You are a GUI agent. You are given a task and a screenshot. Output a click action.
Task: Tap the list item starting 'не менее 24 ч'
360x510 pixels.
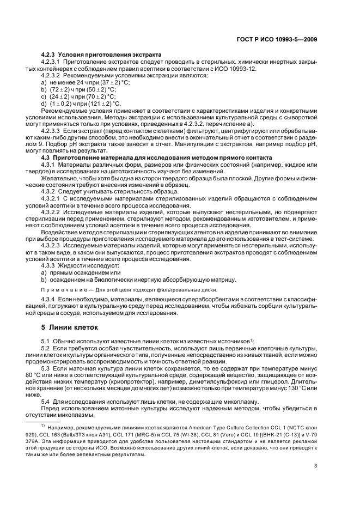82,81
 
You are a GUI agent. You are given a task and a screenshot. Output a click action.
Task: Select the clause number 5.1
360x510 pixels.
46,341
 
